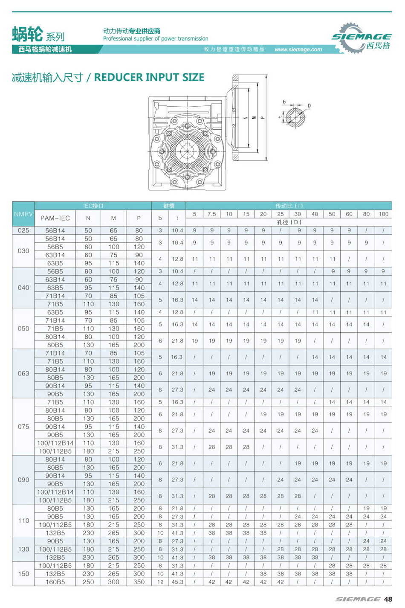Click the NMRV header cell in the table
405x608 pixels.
click(23, 214)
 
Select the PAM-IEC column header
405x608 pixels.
click(55, 218)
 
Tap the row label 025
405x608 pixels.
click(23, 230)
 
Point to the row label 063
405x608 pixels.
click(23, 373)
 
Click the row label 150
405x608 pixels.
click(23, 574)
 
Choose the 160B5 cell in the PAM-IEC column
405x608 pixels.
click(55, 582)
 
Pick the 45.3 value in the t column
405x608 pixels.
click(177, 582)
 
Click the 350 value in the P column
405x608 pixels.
click(139, 582)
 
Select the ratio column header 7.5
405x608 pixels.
click(212, 214)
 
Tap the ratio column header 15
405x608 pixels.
click(246, 214)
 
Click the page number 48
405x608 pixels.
click(388, 599)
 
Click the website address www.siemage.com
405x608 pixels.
click(298, 49)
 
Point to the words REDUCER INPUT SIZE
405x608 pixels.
click(149, 77)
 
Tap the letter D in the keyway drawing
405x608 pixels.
click(309, 105)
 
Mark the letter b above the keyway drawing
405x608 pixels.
click(284, 102)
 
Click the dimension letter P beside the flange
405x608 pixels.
click(262, 117)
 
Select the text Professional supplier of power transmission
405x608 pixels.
click(156, 39)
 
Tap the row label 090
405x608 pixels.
click(23, 480)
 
